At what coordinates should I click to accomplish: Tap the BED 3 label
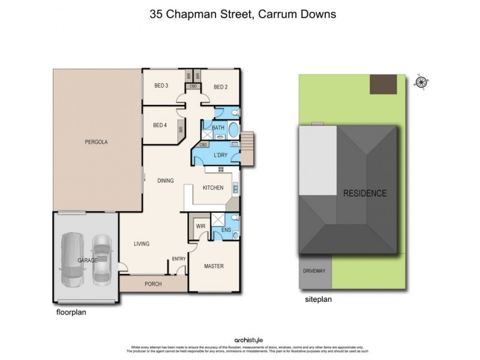[x=161, y=86]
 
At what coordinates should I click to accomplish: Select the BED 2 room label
[x=220, y=87]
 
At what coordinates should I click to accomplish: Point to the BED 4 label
[x=159, y=125]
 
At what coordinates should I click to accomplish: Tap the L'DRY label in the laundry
[x=221, y=155]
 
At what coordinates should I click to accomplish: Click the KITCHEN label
[x=212, y=188]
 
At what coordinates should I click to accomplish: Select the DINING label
[x=166, y=181]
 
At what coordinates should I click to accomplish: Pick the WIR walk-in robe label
[x=200, y=227]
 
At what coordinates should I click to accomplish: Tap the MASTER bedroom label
[x=214, y=266]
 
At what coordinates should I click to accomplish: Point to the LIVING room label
[x=141, y=244]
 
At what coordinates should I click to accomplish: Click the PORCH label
[x=153, y=284]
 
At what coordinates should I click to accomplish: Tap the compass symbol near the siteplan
[x=421, y=83]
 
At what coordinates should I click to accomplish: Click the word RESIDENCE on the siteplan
[x=364, y=193]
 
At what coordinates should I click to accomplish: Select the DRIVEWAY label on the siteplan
[x=314, y=271]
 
